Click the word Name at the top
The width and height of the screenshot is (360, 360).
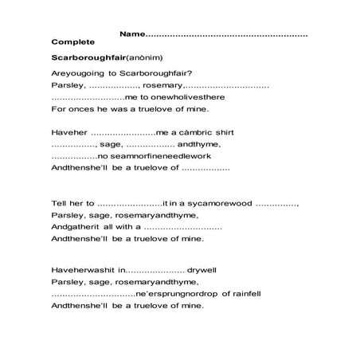pyautogui.click(x=132, y=35)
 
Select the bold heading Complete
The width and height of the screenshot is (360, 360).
pyautogui.click(x=73, y=41)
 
